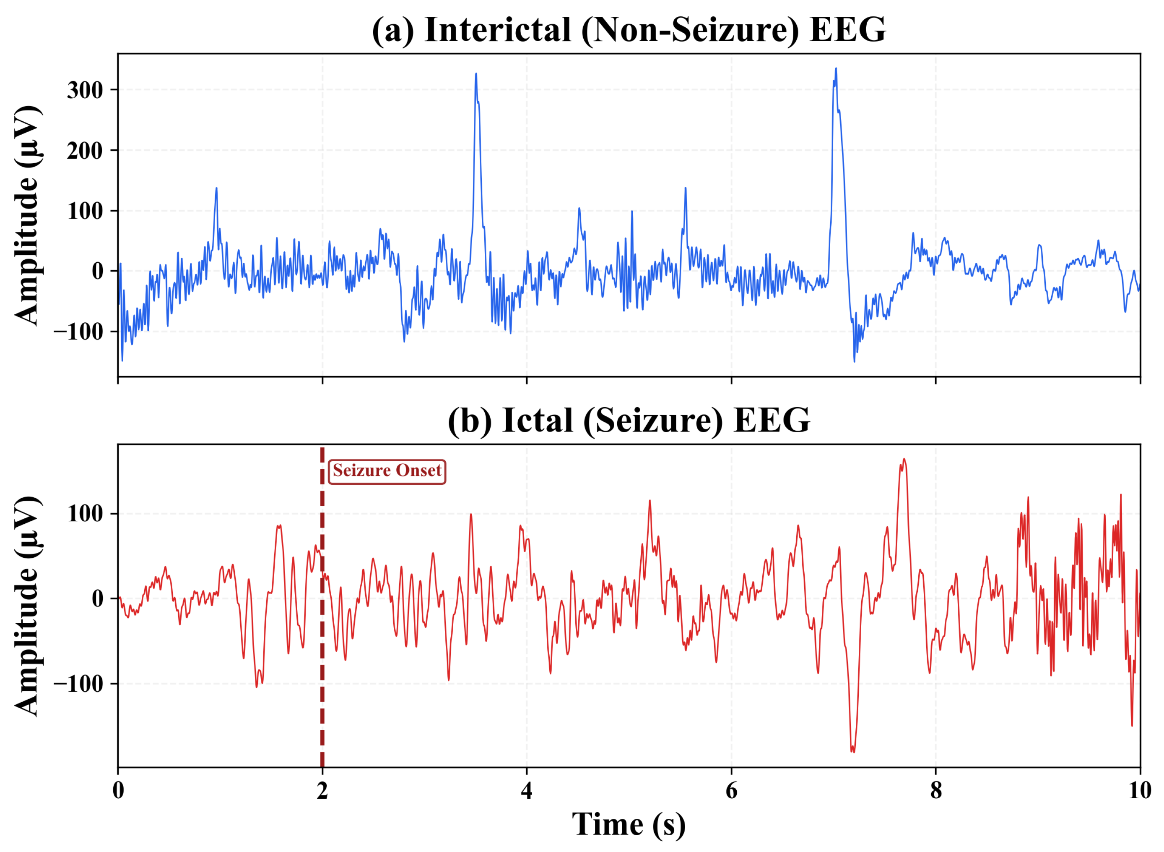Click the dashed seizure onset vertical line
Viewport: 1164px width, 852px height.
tap(322, 645)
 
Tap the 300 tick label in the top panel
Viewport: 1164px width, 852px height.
tap(85, 90)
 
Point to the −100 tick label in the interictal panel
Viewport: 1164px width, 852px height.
tap(78, 331)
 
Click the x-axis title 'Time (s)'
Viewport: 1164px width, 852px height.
tap(629, 824)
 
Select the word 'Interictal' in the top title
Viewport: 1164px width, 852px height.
tap(498, 30)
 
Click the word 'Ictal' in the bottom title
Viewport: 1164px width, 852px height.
tap(538, 420)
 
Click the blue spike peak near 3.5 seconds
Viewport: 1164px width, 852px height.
tap(476, 74)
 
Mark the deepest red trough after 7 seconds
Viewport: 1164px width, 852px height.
tap(853, 751)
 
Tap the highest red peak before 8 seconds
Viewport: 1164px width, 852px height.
tap(904, 460)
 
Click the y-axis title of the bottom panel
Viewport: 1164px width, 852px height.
tap(27, 606)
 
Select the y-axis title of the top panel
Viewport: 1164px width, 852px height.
tap(27, 216)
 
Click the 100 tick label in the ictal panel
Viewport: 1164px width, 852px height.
tap(85, 514)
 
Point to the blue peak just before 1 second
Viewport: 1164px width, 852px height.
tap(216, 189)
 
